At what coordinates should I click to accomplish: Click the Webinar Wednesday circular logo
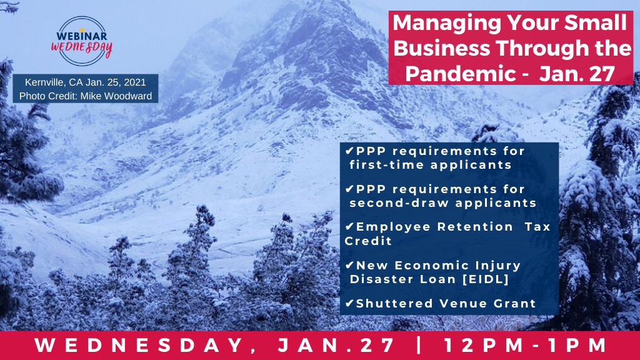(82, 41)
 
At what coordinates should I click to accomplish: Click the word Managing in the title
(446, 24)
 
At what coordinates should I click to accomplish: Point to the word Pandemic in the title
(461, 74)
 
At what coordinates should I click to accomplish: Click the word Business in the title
(441, 48)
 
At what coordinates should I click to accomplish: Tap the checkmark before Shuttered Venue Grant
(349, 303)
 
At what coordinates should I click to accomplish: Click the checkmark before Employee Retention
(349, 226)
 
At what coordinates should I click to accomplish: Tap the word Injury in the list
(498, 266)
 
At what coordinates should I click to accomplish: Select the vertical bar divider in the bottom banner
(419, 345)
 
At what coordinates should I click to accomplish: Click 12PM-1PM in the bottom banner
(526, 345)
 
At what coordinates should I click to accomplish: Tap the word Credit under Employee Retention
(368, 241)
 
